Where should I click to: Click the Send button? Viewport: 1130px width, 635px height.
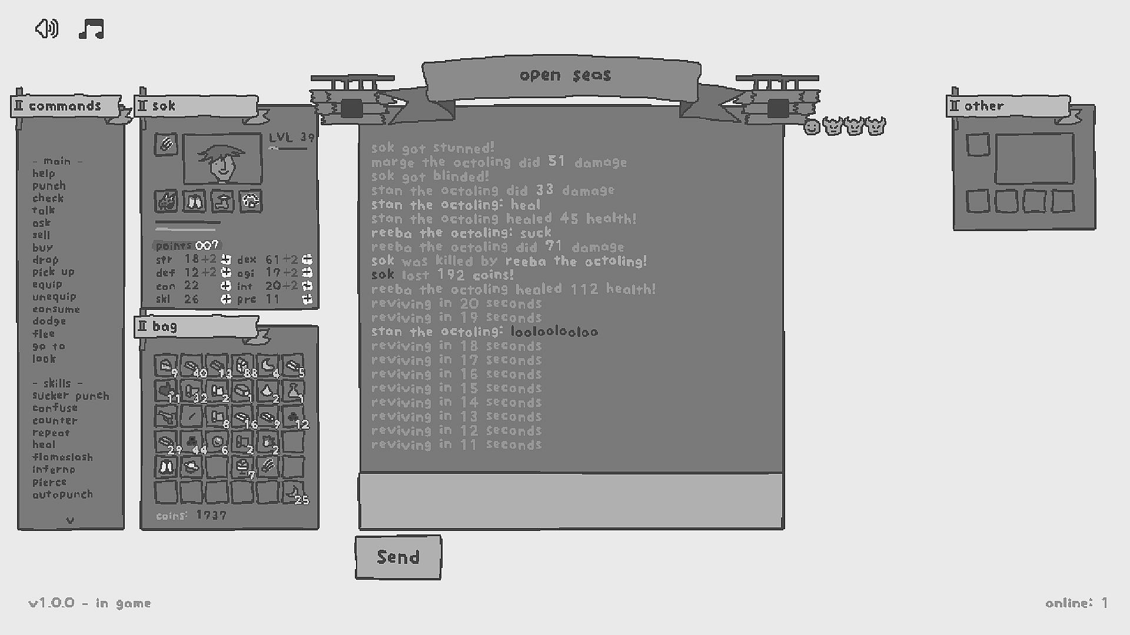point(398,557)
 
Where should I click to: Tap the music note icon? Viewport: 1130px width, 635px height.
point(91,29)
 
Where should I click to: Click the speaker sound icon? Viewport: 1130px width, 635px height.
point(46,28)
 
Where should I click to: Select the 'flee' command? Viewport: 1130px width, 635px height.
point(44,334)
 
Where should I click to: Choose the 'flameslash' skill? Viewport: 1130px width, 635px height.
point(62,457)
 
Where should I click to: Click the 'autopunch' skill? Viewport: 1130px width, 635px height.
point(62,494)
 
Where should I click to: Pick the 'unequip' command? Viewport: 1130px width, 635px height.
point(54,297)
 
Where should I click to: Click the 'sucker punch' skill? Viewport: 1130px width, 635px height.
point(71,396)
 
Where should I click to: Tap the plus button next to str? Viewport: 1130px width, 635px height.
point(226,259)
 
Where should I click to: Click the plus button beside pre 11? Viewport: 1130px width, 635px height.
point(307,299)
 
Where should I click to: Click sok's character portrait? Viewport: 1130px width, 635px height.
point(222,159)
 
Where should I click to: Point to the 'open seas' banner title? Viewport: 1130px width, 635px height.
point(565,75)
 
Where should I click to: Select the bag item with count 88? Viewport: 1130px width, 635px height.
point(242,366)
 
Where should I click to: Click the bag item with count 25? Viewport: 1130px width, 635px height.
point(293,492)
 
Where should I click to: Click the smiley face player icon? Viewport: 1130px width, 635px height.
point(812,126)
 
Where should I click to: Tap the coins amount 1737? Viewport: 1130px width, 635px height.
point(211,516)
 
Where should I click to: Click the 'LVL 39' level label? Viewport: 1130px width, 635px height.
point(291,138)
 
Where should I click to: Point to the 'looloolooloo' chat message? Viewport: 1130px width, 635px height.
point(554,332)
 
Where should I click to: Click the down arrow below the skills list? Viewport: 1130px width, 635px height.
point(71,520)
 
